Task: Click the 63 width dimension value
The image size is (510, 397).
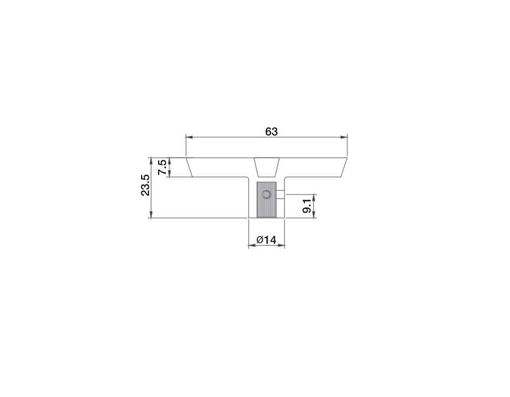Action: click(x=271, y=132)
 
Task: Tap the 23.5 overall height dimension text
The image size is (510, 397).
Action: click(x=145, y=185)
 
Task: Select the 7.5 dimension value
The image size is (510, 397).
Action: click(x=163, y=167)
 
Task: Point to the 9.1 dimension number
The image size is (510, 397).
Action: click(x=307, y=206)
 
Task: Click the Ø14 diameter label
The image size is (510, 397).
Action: click(x=266, y=240)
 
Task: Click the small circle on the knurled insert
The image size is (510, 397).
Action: click(x=266, y=195)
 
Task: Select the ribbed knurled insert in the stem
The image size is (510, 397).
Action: click(x=266, y=200)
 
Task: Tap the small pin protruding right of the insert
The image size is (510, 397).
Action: click(x=280, y=195)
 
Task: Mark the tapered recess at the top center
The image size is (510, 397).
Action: click(x=266, y=167)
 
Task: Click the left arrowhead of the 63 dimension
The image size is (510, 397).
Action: click(x=189, y=137)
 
